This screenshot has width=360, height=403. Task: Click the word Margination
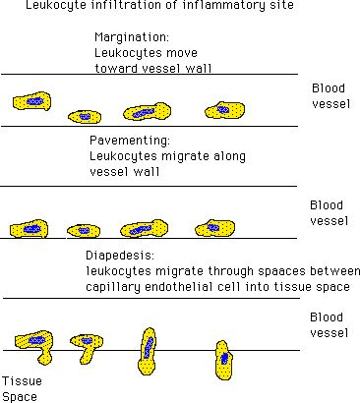tap(131, 37)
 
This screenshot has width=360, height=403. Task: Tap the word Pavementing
tap(130, 141)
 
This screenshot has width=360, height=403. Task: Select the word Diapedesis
tap(120, 256)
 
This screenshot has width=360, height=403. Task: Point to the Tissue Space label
tap(23, 389)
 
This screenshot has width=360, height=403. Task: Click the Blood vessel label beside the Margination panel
tap(330, 96)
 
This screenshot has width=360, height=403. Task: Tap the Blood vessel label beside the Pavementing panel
tap(330, 213)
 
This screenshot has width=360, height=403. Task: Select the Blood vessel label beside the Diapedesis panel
tap(330, 325)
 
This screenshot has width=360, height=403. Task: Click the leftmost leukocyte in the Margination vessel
tap(31, 101)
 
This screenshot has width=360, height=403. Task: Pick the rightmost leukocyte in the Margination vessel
tap(225, 110)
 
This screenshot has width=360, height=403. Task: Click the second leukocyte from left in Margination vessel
tap(85, 117)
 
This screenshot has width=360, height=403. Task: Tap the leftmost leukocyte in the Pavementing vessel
tap(29, 229)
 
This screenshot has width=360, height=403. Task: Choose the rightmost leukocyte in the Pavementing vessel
tap(215, 228)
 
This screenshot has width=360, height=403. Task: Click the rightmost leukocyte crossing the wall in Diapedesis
tap(223, 360)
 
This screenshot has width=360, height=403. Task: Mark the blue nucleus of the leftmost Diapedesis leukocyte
tap(35, 341)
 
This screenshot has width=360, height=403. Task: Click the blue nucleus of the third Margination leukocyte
tap(144, 113)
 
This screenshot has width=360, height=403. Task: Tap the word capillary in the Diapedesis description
tap(113, 288)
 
